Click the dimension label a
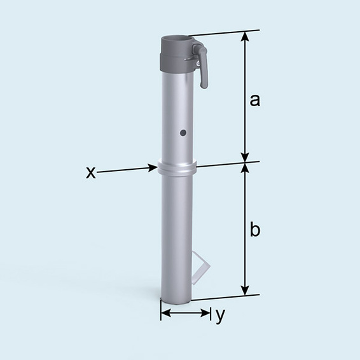click(254, 100)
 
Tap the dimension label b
click(254, 230)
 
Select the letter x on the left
click(91, 172)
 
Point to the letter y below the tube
click(220, 315)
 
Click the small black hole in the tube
click(183, 133)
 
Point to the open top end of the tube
click(176, 40)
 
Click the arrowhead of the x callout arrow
click(153, 168)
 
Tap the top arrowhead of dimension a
click(244, 36)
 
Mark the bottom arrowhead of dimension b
click(244, 291)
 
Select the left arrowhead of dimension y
click(163, 313)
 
